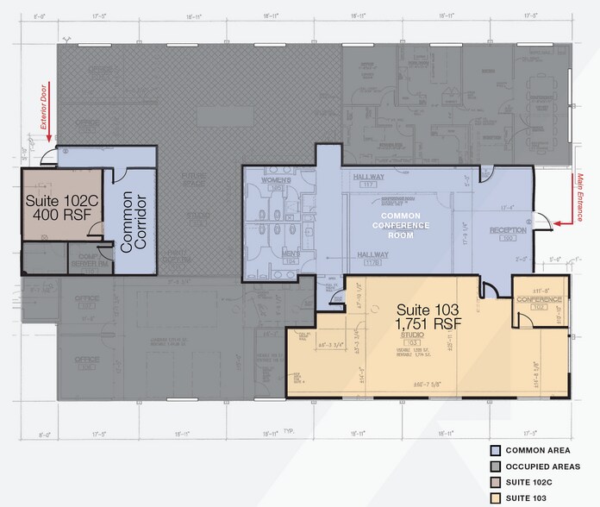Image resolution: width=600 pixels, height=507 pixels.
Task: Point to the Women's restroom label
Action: (276, 182)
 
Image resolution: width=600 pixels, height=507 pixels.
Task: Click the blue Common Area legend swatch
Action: (494, 451)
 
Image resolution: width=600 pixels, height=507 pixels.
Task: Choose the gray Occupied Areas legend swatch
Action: (494, 466)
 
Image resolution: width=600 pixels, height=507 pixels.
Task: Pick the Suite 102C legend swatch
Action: (494, 482)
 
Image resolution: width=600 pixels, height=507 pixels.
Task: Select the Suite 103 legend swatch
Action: (494, 498)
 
